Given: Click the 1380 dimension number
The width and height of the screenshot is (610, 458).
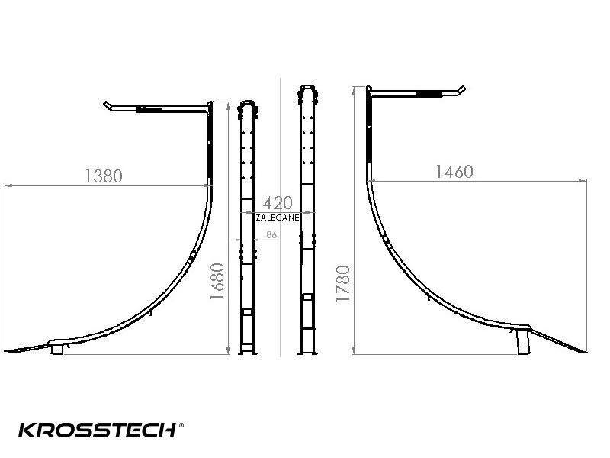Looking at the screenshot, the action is coord(104,176).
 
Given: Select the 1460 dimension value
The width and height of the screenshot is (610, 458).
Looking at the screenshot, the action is coord(454,172).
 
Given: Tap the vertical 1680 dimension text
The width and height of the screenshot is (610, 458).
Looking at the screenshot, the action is coord(217,281).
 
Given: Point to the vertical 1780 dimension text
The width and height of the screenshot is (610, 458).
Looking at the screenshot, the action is coord(343,283).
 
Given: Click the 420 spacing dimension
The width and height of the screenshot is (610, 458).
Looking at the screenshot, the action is coord(278,203).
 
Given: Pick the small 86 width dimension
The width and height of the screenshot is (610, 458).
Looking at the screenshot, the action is coord(271,234).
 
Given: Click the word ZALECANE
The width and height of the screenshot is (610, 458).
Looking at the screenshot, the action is coord(278,218).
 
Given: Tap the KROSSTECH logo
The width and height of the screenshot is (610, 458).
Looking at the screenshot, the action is coord(98,431).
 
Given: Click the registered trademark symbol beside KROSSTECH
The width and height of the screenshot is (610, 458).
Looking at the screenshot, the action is coord(181,425).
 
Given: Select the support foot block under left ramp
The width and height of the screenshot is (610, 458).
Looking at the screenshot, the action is coord(57,350).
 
